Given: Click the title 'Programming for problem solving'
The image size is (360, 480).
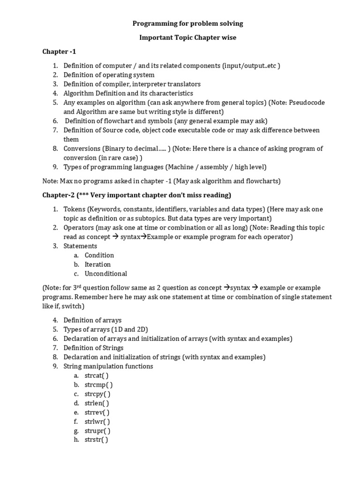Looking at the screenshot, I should pos(187,23).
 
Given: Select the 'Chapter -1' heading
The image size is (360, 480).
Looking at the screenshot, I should pos(59,51).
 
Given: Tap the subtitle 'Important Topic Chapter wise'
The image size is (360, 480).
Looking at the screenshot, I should pos(187,37).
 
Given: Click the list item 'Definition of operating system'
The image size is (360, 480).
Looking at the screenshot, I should pos(109,75).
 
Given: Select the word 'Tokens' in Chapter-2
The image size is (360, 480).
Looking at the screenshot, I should pos(74,209).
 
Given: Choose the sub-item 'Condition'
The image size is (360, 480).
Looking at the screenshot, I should pos(99,255).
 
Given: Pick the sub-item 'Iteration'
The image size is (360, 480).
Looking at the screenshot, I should pos(97,264).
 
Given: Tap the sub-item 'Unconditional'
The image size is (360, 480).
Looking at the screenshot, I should pos(105,274).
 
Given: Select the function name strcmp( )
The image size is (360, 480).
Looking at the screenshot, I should pos(98,385).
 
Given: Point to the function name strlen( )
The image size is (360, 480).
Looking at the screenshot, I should pos(97,403).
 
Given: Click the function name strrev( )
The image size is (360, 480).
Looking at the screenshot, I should pos(97,412).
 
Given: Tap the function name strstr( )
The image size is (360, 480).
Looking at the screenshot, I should pos(96,440).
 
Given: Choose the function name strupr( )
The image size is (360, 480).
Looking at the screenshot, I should pos(97,431).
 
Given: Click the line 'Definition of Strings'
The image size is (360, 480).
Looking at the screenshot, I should pos(93,348).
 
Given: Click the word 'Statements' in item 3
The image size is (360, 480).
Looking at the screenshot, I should pos(80,246).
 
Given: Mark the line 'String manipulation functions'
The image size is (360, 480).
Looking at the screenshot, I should pos(108,366).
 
